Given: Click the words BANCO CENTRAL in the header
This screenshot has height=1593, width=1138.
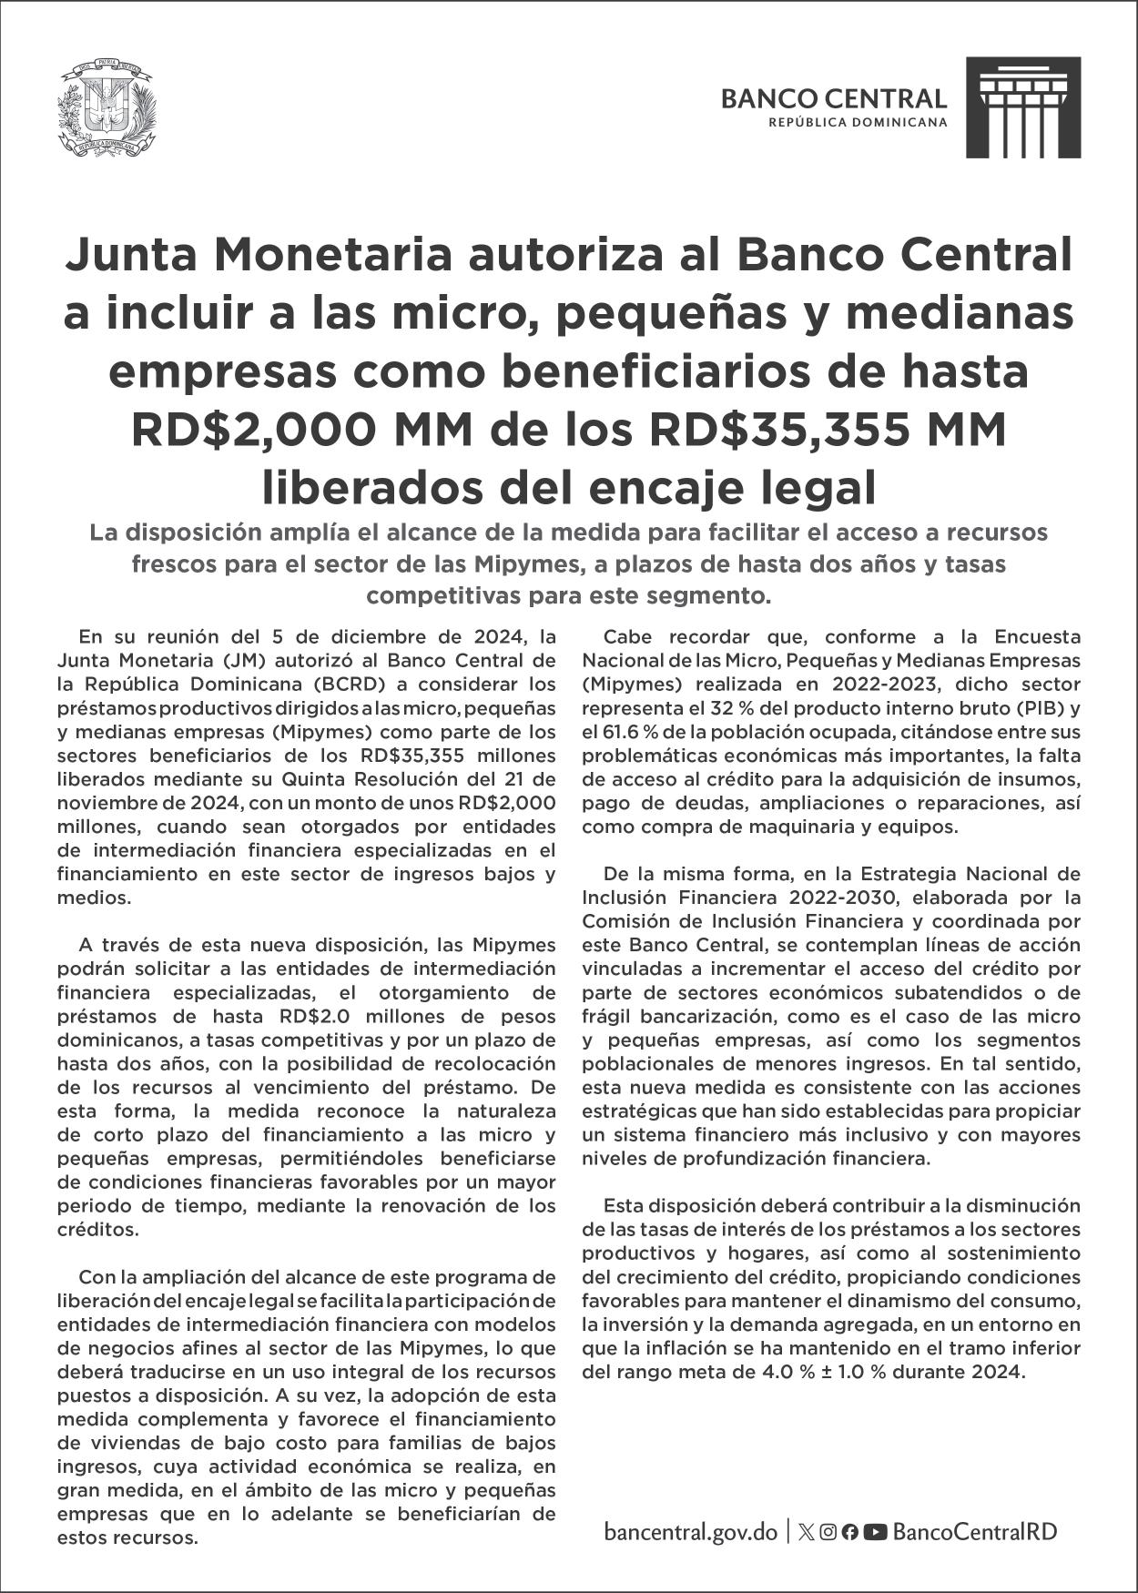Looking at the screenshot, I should (833, 98).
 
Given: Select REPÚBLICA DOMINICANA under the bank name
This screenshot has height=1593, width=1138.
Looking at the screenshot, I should (858, 122).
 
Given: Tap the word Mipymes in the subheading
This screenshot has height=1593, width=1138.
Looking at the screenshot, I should (523, 563).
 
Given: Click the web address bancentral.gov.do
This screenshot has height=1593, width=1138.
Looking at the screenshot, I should (691, 1532).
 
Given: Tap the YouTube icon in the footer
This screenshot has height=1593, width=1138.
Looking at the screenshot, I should (875, 1532).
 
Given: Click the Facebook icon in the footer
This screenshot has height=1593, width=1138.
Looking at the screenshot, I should (849, 1532).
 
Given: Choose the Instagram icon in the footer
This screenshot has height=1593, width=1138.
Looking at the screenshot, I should (828, 1532).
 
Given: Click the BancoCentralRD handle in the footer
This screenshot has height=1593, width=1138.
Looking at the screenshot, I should (975, 1532).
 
